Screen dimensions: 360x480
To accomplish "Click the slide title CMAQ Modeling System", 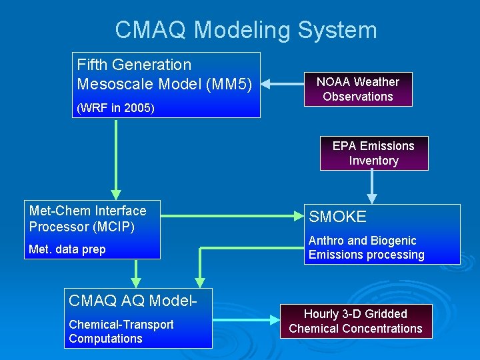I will pyautogui.click(x=246, y=30).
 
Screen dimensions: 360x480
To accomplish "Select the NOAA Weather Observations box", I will pyautogui.click(x=357, y=89).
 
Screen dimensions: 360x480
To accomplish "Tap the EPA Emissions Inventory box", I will pyautogui.click(x=373, y=153).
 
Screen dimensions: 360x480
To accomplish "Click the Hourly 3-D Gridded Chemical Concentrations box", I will pyautogui.click(x=355, y=321).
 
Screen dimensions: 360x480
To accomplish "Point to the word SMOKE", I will pyautogui.click(x=337, y=217).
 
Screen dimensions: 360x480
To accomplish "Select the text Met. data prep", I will pyautogui.click(x=67, y=250).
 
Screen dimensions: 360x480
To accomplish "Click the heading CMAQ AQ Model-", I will pyautogui.click(x=133, y=301).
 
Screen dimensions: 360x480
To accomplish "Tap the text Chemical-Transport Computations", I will pyautogui.click(x=121, y=331).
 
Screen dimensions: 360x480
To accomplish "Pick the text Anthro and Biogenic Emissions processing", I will pyautogui.click(x=366, y=248).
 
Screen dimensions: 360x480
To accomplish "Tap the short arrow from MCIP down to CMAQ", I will pyautogui.click(x=136, y=273).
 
